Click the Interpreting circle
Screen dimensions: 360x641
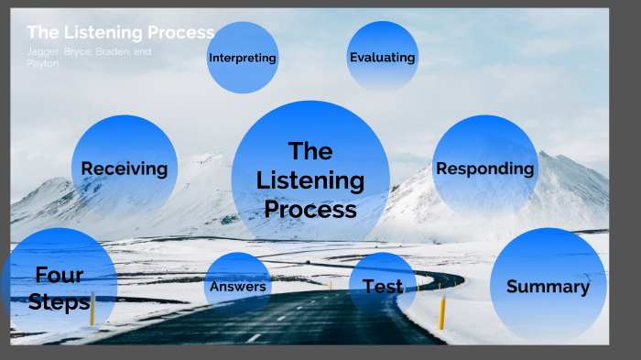point(243,58)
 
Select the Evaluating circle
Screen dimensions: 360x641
point(382,57)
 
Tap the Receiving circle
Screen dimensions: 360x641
point(125,168)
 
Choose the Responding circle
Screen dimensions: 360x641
point(484,168)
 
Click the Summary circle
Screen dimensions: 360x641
point(548,286)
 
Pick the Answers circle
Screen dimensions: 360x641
point(238,287)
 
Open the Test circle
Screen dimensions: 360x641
point(383,287)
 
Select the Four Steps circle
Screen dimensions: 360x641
point(59,287)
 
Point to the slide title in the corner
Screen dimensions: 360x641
point(120,32)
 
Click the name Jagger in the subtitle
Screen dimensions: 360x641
point(43,52)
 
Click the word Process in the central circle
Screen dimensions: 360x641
point(310,209)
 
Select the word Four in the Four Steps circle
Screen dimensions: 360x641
point(59,274)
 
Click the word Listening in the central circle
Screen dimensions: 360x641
point(310,180)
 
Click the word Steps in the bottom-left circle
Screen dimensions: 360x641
point(59,301)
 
